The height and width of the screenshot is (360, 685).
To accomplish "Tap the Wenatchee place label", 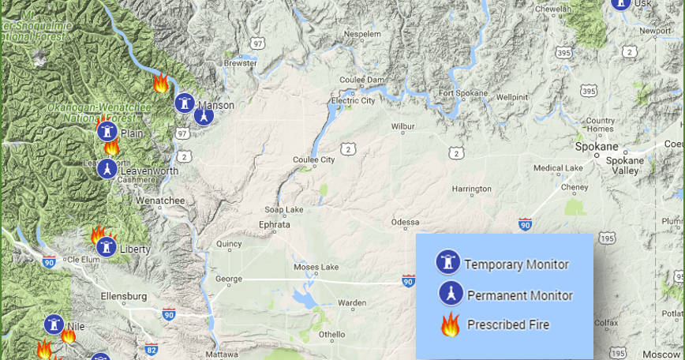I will (x=160, y=201).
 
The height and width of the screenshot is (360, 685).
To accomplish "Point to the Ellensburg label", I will (x=125, y=296).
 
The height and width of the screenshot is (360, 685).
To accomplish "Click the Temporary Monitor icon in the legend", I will (x=448, y=263).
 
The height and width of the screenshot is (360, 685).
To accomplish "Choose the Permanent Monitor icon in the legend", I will (x=450, y=294).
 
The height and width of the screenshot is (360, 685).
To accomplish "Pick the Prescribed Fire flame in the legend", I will (x=450, y=324).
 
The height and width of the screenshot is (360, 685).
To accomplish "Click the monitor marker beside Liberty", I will (x=107, y=247).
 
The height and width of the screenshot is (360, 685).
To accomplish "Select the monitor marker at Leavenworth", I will (x=107, y=168).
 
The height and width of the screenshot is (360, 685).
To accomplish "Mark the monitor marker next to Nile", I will (x=54, y=324).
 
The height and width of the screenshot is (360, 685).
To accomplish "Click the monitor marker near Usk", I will (x=621, y=4).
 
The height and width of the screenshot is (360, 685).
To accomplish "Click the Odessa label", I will (x=406, y=222).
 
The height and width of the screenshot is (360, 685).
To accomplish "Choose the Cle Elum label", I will (x=84, y=260).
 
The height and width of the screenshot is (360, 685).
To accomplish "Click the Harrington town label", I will (x=471, y=189).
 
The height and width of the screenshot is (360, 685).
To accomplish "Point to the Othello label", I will (x=332, y=334).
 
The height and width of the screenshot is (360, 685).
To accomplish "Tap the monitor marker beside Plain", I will (x=107, y=131).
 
